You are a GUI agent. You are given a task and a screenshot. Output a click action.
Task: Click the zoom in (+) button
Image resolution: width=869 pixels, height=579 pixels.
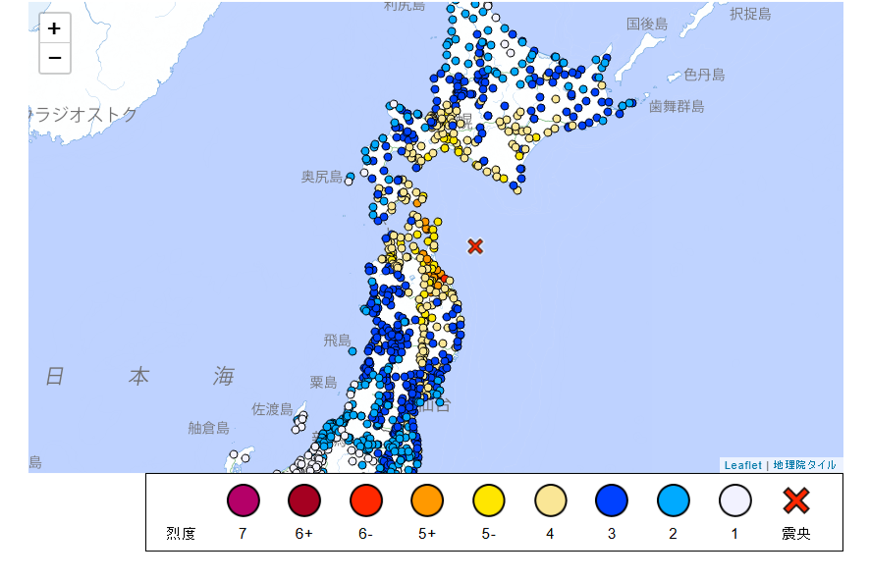[x=54, y=28]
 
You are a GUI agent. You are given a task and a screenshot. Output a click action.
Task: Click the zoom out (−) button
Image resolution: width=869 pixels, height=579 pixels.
[x=54, y=58]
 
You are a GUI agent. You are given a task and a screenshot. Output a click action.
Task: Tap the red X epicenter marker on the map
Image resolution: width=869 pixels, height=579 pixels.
[x=475, y=247]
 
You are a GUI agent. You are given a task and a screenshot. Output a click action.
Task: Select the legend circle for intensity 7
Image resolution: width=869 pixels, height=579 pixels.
[x=243, y=500]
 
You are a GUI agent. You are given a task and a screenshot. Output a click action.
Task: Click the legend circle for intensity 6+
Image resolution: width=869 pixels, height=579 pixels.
[x=304, y=500]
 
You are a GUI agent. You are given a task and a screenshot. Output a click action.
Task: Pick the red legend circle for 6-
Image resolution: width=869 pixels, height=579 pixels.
[x=366, y=500]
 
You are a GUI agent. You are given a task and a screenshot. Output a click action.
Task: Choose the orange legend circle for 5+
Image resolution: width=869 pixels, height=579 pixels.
[x=427, y=500]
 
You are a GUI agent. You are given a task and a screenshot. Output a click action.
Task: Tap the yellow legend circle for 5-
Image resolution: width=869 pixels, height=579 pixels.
[x=489, y=500]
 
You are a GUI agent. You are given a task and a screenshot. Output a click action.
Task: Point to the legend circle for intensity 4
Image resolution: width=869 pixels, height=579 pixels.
[x=550, y=500]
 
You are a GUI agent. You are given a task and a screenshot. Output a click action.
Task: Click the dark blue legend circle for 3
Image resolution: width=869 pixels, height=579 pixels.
[x=612, y=500]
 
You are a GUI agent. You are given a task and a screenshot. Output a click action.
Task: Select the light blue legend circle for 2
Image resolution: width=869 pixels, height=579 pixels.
[x=673, y=500]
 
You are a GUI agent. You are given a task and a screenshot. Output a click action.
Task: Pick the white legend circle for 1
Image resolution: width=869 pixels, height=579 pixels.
[x=735, y=500]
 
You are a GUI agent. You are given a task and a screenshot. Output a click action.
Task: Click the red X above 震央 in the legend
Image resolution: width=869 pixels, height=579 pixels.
[x=796, y=500]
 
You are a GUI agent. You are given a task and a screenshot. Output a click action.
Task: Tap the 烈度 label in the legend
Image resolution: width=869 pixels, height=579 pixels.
[x=181, y=533]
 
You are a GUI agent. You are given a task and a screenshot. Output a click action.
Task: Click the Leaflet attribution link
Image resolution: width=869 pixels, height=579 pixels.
[x=742, y=465]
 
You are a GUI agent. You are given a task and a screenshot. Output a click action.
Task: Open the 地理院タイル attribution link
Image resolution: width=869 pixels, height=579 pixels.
[x=804, y=465]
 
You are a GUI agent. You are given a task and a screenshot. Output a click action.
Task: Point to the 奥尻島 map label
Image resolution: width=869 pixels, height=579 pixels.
[x=322, y=177]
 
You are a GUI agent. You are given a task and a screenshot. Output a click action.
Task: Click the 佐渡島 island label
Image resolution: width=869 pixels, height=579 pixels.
[x=272, y=409]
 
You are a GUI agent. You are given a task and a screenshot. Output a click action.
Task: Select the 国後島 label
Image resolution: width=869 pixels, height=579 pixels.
[x=647, y=24]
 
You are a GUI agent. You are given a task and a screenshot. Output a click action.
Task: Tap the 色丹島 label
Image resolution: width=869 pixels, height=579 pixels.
[x=704, y=74]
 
